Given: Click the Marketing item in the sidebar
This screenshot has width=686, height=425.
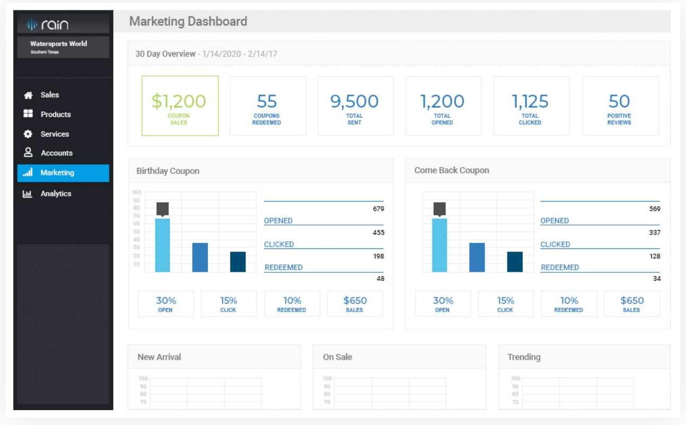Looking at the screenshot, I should (57, 173).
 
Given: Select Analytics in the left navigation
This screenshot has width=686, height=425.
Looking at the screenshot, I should (56, 194).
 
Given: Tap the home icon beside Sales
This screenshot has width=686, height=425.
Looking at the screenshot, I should (28, 95).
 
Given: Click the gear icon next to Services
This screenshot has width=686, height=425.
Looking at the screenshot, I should (28, 134).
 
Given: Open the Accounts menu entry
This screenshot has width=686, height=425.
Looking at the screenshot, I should (56, 153).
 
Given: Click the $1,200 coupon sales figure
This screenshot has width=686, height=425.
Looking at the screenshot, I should (179, 101).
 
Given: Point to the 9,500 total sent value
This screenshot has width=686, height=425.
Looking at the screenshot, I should (354, 101).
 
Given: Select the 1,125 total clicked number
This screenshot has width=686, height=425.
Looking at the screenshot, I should (530, 101).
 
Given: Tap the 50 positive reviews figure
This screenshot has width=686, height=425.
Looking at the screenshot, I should (619, 101).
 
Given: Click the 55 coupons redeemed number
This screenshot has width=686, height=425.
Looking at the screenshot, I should (267, 101).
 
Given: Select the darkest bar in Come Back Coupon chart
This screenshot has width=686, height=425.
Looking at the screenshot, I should (515, 262).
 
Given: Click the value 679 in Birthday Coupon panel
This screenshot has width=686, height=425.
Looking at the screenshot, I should (378, 209).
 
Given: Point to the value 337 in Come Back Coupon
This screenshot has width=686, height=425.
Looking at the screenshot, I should (655, 232).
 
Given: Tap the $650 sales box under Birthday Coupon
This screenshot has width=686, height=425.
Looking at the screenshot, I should (354, 304).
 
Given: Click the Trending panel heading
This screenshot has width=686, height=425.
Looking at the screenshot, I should (524, 357).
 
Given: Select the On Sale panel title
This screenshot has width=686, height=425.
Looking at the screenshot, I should (337, 357).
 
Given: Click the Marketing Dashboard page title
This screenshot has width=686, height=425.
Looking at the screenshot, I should (188, 22).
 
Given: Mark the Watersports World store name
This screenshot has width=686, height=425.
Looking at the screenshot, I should (58, 44).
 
